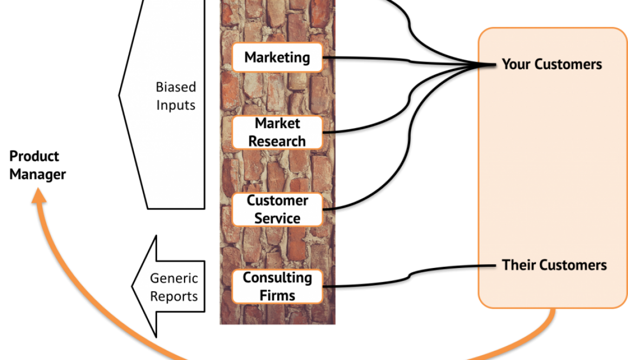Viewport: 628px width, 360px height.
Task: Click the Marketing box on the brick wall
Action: click(x=277, y=57)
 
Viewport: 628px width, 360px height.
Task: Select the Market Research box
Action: click(x=277, y=133)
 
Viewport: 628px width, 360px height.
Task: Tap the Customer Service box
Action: click(x=277, y=210)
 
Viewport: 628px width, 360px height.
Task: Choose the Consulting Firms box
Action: click(x=277, y=286)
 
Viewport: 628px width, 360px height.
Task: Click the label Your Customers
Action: click(x=552, y=64)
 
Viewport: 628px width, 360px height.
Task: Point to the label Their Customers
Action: click(x=554, y=265)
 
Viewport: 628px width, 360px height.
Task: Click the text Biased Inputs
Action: click(x=176, y=95)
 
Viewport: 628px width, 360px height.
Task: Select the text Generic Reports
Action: click(x=174, y=287)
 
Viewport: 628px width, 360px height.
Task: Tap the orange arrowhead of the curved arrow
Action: click(x=38, y=194)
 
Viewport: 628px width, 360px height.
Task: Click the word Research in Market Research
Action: click(x=277, y=141)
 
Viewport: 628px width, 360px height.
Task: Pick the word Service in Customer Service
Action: click(x=277, y=218)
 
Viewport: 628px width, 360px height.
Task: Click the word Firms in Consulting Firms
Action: click(x=277, y=296)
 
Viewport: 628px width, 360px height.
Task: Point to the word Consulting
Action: click(x=277, y=278)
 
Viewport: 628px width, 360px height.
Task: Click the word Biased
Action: click(x=176, y=87)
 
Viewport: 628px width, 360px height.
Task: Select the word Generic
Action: click(x=174, y=279)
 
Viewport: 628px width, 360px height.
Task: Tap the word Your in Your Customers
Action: click(x=514, y=64)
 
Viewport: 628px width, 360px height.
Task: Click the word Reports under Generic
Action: click(x=174, y=297)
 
